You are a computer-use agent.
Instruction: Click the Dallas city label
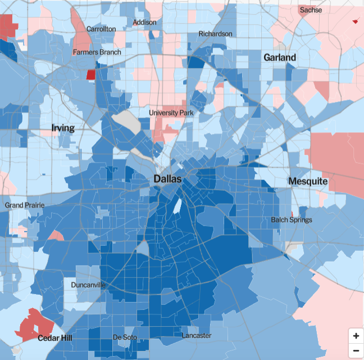(x=167, y=179)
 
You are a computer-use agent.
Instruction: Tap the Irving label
(x=63, y=128)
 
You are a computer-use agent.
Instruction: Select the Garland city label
(x=280, y=57)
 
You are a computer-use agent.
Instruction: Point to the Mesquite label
(x=308, y=181)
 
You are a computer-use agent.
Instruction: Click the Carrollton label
(x=101, y=29)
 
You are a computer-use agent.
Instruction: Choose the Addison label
(x=144, y=22)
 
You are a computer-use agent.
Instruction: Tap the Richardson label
(x=215, y=34)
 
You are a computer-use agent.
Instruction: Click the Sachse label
(x=311, y=10)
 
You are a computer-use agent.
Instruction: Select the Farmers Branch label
(x=97, y=52)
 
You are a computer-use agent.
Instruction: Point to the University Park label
(x=171, y=112)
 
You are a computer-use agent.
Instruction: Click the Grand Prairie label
(x=24, y=205)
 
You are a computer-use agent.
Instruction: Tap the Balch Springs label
(x=292, y=219)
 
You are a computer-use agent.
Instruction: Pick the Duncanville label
(x=88, y=285)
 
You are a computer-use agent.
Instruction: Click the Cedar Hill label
(x=55, y=338)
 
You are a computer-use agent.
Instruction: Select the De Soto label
(x=125, y=337)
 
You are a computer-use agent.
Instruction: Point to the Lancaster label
(x=197, y=336)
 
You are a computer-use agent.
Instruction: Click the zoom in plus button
(x=356, y=336)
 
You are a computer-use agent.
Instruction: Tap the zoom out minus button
(x=356, y=350)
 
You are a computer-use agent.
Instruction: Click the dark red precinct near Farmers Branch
(x=90, y=74)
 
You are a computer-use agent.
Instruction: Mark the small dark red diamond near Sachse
(x=354, y=21)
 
